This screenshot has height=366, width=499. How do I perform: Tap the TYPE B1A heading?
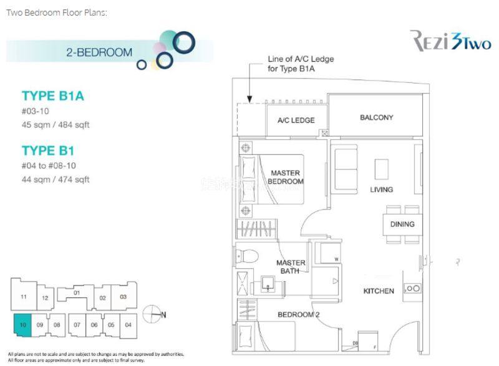pyautogui.click(x=52, y=96)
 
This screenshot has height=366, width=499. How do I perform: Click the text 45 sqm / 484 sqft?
pyautogui.click(x=56, y=125)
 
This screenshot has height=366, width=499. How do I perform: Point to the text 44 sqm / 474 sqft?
pyautogui.click(x=56, y=180)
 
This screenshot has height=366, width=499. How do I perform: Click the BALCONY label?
pyautogui.click(x=376, y=117)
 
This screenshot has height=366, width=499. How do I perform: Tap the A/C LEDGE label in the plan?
pyautogui.click(x=296, y=120)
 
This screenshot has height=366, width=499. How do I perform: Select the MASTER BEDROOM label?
pyautogui.click(x=285, y=177)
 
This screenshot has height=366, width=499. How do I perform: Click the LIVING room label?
pyautogui.click(x=381, y=190)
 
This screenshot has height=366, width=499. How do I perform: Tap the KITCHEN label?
pyautogui.click(x=379, y=291)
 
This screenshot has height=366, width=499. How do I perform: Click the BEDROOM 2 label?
pyautogui.click(x=298, y=314)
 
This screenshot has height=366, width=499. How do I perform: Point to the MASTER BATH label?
pyautogui.click(x=291, y=267)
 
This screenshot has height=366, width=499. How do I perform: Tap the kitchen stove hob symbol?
pyautogui.click(x=412, y=288)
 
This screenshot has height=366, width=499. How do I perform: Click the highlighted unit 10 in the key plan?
pyautogui.click(x=22, y=324)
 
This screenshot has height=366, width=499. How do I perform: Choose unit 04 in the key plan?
pyautogui.click(x=128, y=324)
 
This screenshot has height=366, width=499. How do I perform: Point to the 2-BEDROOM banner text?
pyautogui.click(x=99, y=52)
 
